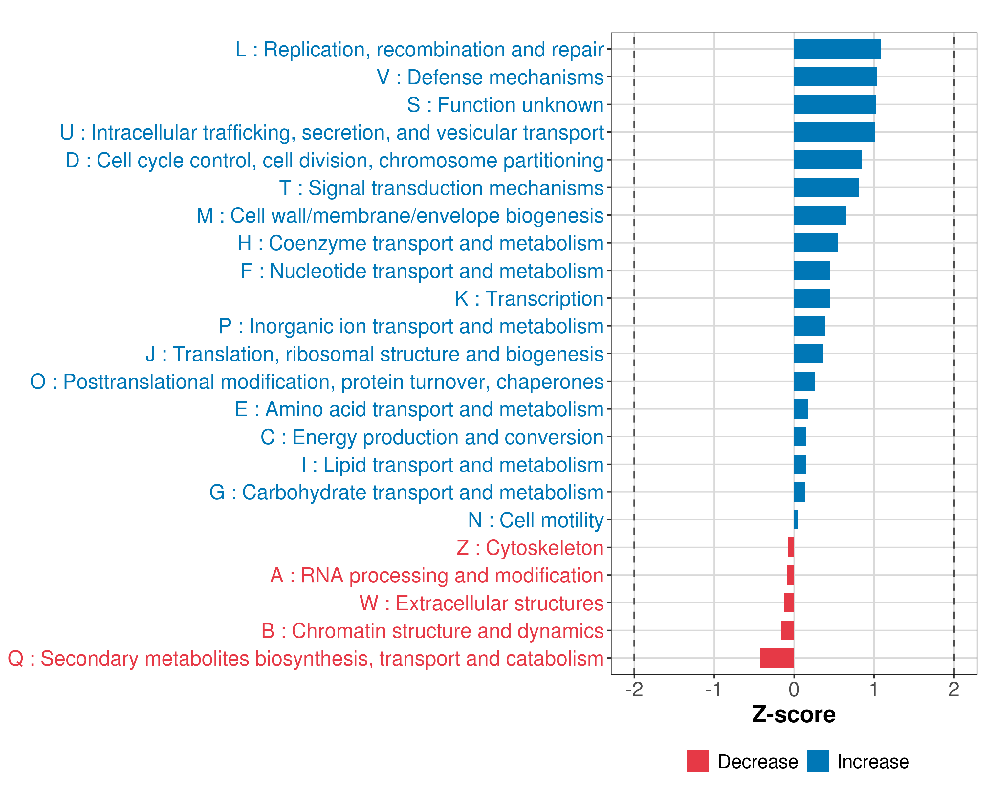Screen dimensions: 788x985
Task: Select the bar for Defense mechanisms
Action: tap(835, 77)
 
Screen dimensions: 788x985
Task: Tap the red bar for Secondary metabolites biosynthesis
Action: tap(777, 658)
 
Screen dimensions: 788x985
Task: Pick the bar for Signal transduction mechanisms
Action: tap(826, 188)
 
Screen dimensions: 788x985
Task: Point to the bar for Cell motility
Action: tap(796, 520)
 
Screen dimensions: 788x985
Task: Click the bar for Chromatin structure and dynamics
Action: tap(788, 630)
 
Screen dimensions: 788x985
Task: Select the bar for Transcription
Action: tap(812, 298)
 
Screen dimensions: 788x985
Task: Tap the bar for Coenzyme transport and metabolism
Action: tap(816, 243)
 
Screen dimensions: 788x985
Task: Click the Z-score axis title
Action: tap(794, 714)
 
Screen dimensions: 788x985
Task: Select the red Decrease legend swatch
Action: tap(698, 761)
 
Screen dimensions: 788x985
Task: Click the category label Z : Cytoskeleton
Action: tap(530, 548)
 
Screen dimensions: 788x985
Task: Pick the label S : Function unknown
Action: tap(505, 105)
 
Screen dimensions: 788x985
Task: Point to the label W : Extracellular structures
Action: tap(482, 603)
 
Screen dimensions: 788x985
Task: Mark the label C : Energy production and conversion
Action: tap(432, 437)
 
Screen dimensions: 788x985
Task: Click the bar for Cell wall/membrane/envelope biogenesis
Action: tap(820, 215)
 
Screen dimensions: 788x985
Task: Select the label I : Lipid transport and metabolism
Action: tap(452, 465)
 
